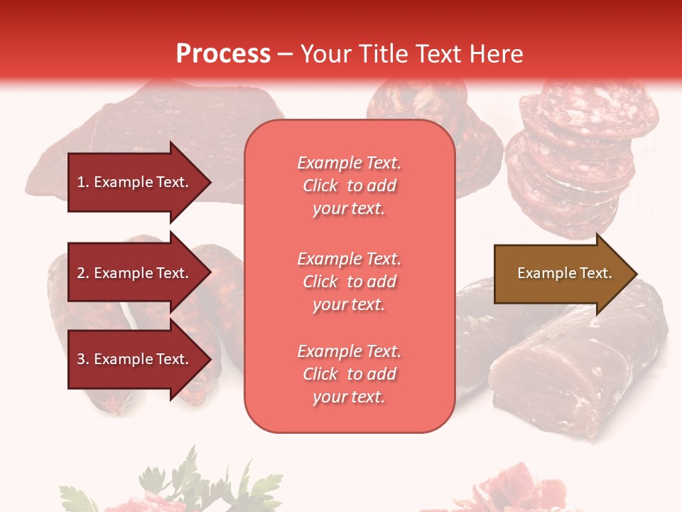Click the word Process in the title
pyautogui.click(x=223, y=54)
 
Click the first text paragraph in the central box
pyautogui.click(x=349, y=186)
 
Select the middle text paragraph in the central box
pyautogui.click(x=349, y=282)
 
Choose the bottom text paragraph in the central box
pyautogui.click(x=349, y=374)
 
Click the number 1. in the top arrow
pyautogui.click(x=83, y=182)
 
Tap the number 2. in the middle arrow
pyautogui.click(x=83, y=273)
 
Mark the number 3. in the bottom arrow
pyautogui.click(x=83, y=359)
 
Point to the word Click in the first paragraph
pyautogui.click(x=320, y=186)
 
